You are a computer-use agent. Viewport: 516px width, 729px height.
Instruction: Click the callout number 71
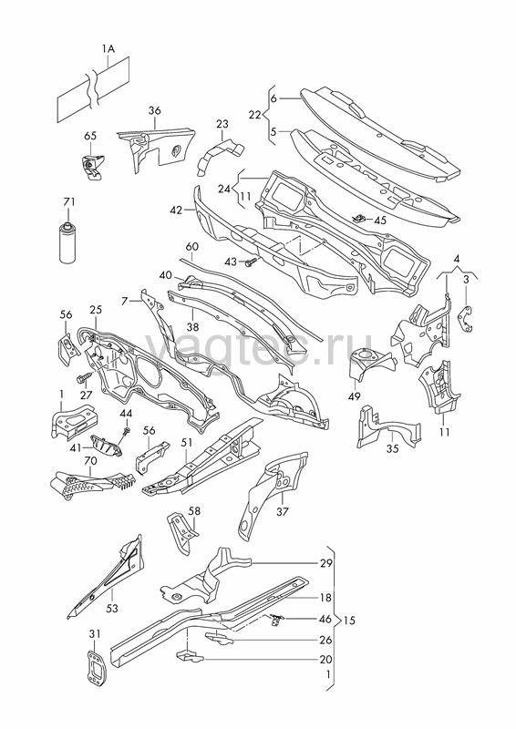(69, 201)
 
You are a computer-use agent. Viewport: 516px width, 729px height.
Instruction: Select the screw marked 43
(251, 262)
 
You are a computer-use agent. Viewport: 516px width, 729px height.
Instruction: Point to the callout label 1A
(108, 48)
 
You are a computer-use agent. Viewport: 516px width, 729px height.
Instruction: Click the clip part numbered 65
(92, 167)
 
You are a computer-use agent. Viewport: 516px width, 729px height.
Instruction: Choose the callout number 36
(155, 110)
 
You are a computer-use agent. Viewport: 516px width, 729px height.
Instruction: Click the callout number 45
(380, 220)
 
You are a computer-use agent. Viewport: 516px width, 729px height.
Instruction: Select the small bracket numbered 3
(465, 320)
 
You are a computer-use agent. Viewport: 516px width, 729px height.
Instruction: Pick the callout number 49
(355, 396)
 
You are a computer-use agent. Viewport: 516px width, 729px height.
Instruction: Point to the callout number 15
(349, 621)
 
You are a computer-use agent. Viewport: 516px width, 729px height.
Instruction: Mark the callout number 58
(194, 511)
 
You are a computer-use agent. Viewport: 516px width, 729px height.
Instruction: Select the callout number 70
(90, 461)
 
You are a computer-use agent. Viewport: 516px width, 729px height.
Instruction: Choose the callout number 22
(254, 115)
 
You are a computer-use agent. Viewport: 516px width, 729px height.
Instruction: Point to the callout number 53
(112, 608)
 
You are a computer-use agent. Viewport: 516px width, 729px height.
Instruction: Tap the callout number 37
(283, 511)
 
